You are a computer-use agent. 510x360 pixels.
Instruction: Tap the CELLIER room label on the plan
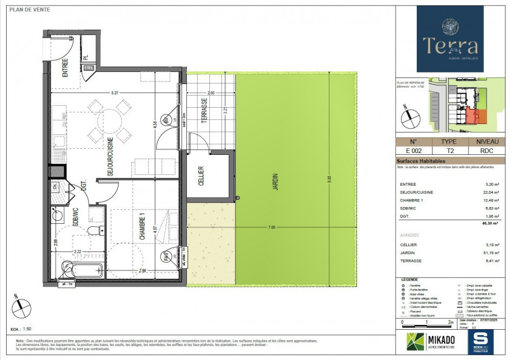[x=201, y=180]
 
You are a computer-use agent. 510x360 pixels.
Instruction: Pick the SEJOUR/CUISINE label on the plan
[x=111, y=156]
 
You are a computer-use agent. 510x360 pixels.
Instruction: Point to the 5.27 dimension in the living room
[x=114, y=93]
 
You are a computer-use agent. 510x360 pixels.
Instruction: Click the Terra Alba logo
[x=450, y=38]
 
